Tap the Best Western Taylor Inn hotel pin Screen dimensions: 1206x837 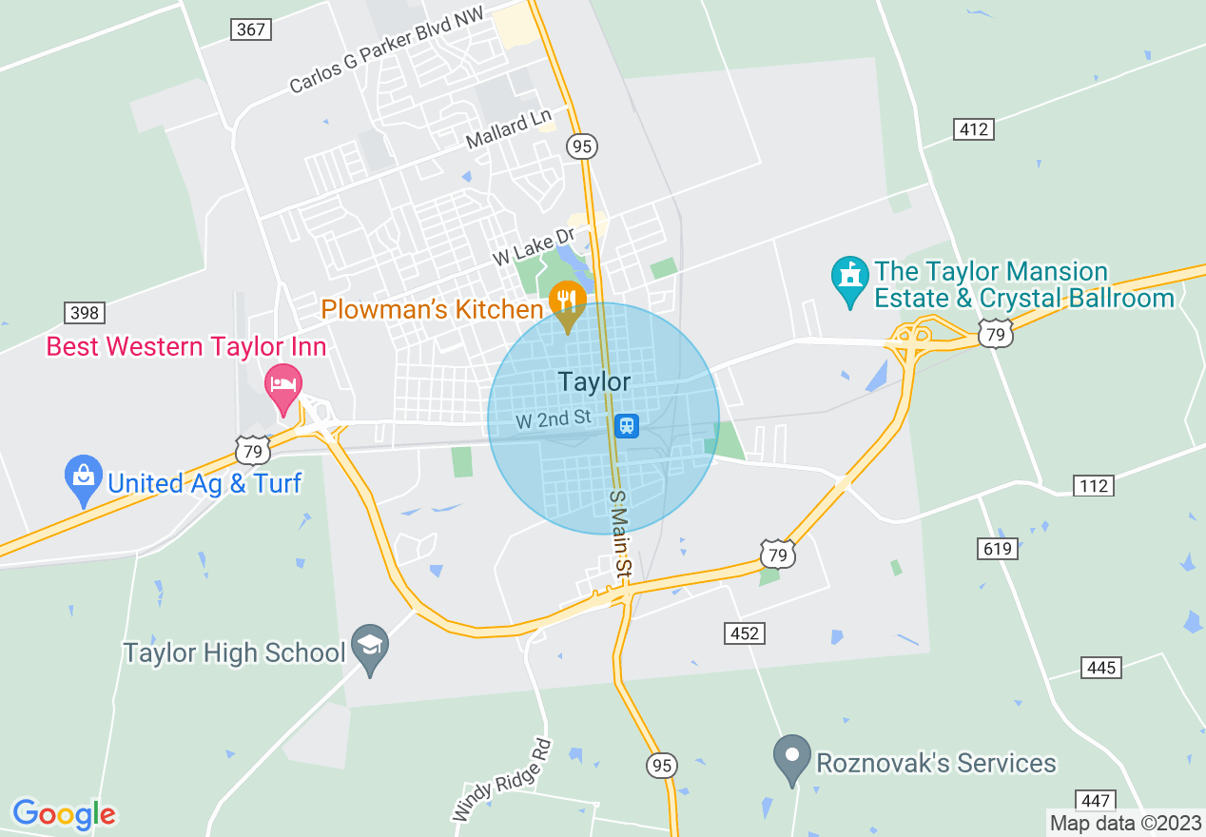(282, 385)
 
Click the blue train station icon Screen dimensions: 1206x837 (626, 425)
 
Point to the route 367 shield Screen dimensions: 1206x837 (250, 29)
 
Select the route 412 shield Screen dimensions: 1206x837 (974, 129)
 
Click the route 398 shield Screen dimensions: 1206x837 (85, 312)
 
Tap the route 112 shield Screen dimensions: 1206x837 (1095, 486)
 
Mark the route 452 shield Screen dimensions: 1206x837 (745, 633)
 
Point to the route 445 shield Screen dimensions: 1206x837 (1100, 668)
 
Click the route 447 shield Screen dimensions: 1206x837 (1097, 801)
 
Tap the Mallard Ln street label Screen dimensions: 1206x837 (509, 130)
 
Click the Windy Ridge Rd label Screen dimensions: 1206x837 (501, 780)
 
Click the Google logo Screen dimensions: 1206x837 (65, 814)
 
